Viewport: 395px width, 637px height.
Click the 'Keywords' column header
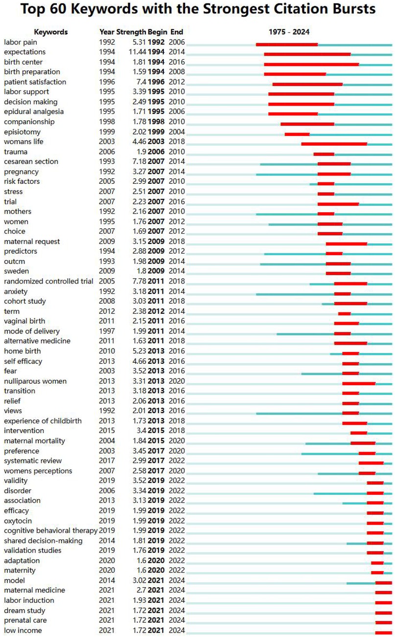[51, 32]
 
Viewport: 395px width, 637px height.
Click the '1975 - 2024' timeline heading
[289, 32]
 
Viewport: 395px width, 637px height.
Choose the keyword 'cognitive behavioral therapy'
[50, 530]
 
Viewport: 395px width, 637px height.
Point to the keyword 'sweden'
[16, 271]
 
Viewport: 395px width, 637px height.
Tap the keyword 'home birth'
[23, 351]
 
